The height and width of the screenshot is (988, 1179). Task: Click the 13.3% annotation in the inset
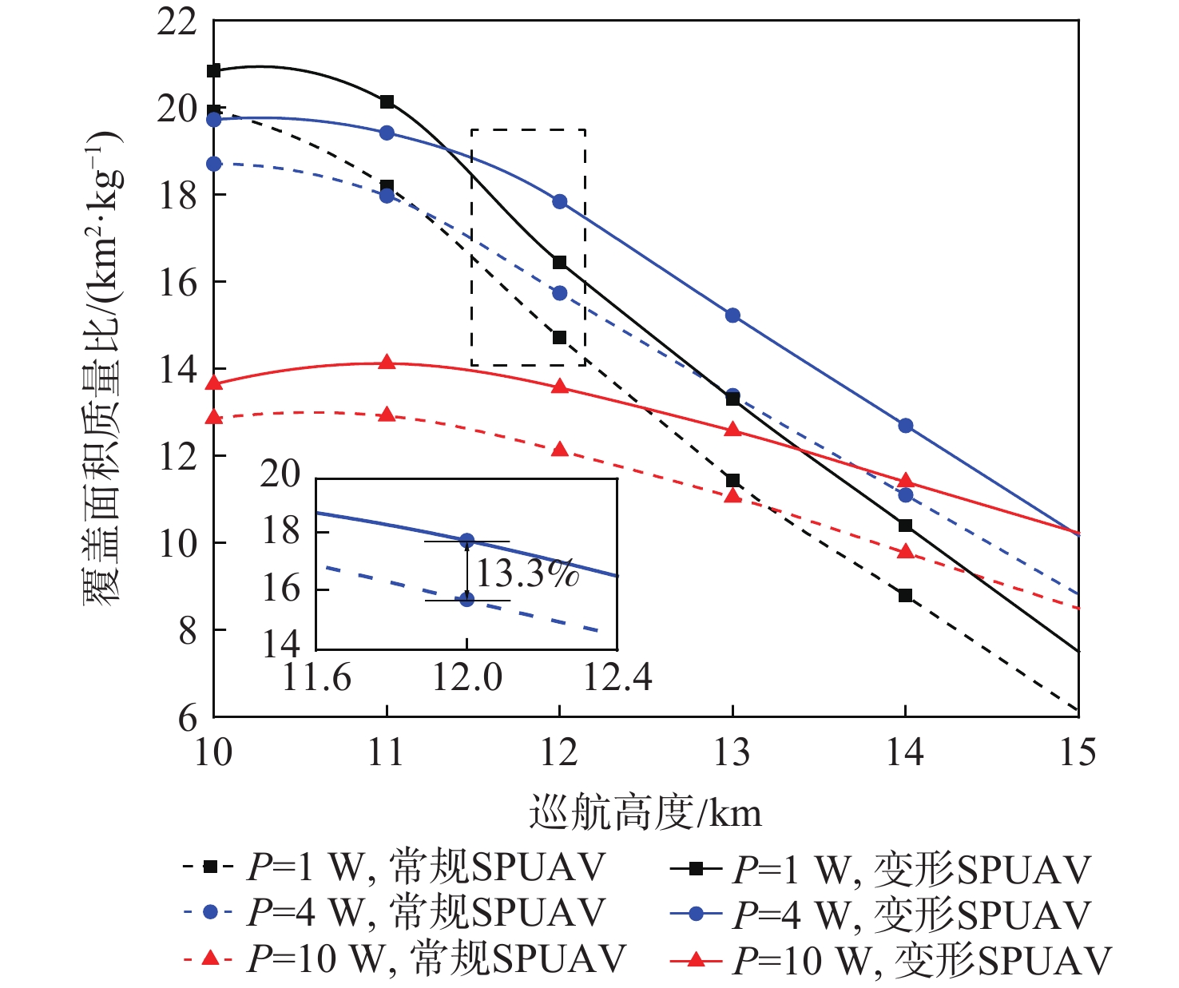[x=527, y=573]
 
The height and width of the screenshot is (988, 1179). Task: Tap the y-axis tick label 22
[x=177, y=22]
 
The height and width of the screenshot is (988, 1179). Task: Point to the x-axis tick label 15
[x=1078, y=752]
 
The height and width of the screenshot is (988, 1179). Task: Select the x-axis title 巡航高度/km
[x=645, y=813]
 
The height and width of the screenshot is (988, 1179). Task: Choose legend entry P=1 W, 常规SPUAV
[x=395, y=867]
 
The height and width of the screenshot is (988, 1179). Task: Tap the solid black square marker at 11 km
[x=387, y=101]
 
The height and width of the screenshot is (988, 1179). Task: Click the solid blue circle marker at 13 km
[x=732, y=315]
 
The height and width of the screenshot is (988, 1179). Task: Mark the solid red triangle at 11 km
[x=387, y=363]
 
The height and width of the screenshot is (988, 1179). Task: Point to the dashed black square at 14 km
[x=905, y=595]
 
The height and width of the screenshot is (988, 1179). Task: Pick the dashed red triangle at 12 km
[x=559, y=450]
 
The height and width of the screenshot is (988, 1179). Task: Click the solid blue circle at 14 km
[x=905, y=426]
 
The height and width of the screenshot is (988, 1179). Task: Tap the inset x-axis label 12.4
[x=617, y=678]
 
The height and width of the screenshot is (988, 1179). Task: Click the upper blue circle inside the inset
[x=467, y=541]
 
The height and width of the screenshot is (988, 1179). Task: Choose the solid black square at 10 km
[x=213, y=70]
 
